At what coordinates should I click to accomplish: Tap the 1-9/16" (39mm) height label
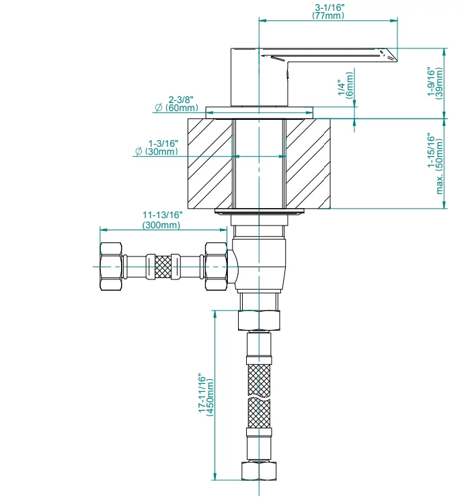435,83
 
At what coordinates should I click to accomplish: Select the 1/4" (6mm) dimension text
346,86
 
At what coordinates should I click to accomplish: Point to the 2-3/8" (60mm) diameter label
177,104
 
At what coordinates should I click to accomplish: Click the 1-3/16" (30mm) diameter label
157,147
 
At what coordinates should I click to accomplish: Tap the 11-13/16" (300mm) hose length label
162,220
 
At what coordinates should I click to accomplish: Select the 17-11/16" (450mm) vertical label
206,395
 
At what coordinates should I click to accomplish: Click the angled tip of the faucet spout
397,61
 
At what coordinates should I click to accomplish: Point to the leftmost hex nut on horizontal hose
111,267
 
